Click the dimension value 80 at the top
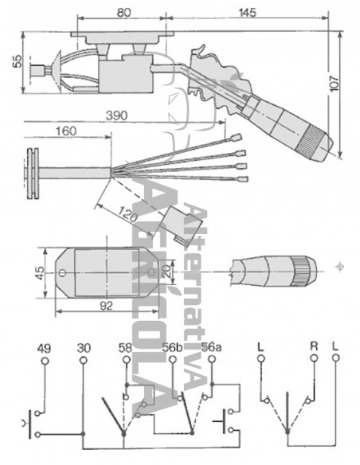(x=123, y=12)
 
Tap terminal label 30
(x=84, y=347)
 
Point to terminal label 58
(x=126, y=347)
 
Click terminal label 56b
(x=173, y=347)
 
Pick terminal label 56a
(x=211, y=347)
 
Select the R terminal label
(x=314, y=347)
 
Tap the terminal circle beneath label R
(x=314, y=361)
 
